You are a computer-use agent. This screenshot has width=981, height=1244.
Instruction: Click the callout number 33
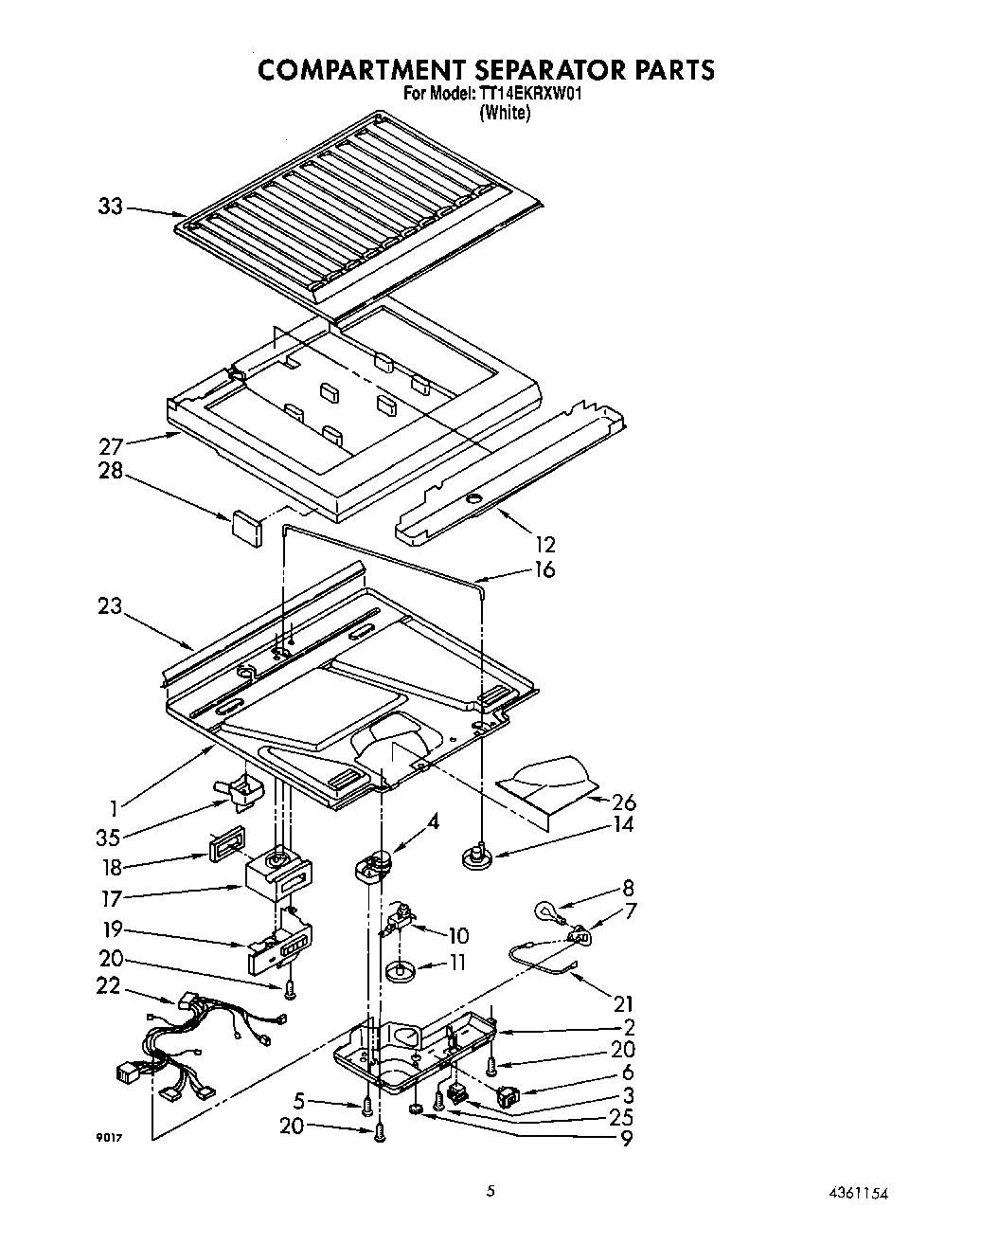111,206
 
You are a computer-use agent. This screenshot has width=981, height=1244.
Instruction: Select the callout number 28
111,470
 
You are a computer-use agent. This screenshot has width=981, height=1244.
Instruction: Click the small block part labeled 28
246,526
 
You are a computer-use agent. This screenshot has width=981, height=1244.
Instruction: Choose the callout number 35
109,837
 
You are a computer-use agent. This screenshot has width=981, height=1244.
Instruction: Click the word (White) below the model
505,112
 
